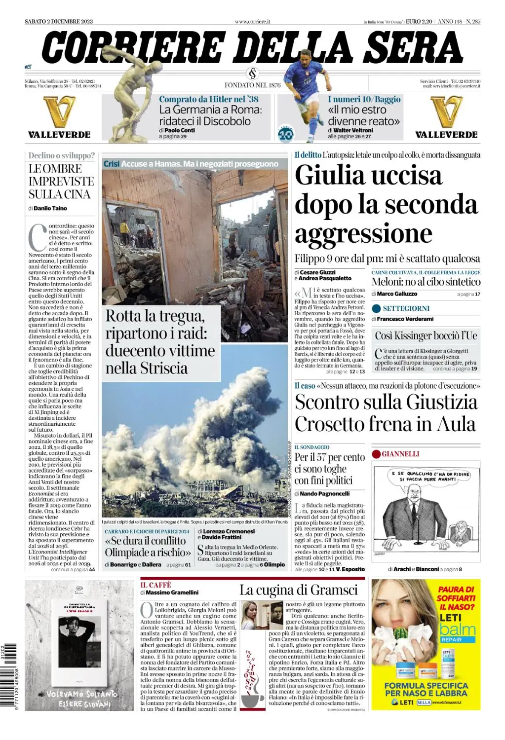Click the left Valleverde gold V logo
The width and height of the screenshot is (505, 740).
(59, 112)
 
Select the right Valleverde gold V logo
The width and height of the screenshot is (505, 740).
(446, 112)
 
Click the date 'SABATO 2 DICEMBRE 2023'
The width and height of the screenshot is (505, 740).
(59, 21)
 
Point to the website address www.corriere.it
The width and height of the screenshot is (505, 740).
(252, 21)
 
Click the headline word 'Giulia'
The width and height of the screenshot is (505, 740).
(328, 175)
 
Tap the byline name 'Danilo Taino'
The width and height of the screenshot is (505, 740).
(50, 208)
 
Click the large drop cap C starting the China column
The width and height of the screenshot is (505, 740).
(38, 237)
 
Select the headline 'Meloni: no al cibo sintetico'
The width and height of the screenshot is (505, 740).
(426, 282)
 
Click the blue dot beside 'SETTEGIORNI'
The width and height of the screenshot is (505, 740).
(376, 308)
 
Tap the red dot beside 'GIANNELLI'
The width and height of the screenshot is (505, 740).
(376, 454)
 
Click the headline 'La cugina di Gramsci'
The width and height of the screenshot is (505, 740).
(298, 590)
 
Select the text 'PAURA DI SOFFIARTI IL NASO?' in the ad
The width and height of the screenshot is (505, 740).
(456, 598)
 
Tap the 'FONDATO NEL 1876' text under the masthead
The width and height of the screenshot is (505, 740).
(252, 85)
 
